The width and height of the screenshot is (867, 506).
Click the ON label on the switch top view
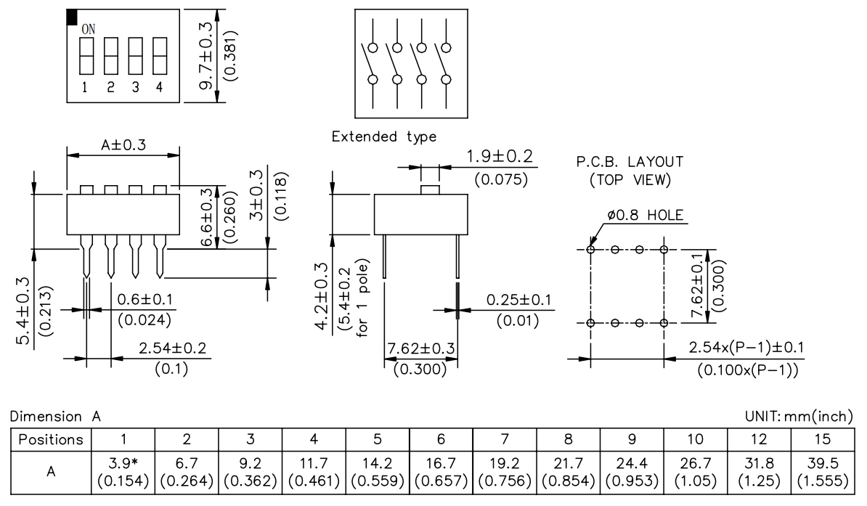click(88, 29)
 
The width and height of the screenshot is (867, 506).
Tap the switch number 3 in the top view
click(135, 88)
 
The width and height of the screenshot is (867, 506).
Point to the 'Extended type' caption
click(383, 137)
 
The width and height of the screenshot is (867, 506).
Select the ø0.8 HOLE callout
click(646, 215)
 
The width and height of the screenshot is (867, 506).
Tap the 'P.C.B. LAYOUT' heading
click(629, 161)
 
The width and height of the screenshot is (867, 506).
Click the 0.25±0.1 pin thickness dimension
click(518, 299)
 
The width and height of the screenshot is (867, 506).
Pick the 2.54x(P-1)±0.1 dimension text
click(746, 348)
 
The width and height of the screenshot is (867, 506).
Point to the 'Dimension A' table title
click(54, 416)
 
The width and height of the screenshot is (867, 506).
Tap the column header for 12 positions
click(762, 439)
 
